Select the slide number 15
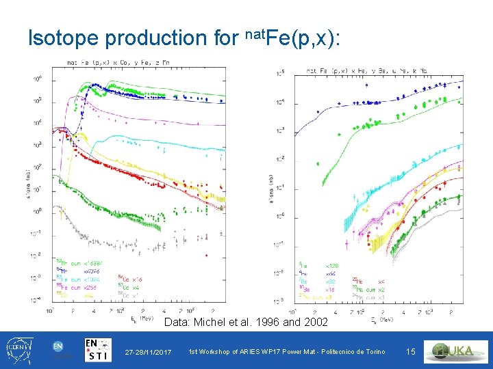click(x=411, y=351)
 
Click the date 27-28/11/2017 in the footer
click(x=148, y=352)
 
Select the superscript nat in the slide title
click(x=254, y=31)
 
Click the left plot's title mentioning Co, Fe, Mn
click(x=130, y=63)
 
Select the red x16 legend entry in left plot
click(x=130, y=279)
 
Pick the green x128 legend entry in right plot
click(x=332, y=264)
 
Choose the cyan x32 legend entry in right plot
click(x=331, y=281)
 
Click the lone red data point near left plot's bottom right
click(x=207, y=256)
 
